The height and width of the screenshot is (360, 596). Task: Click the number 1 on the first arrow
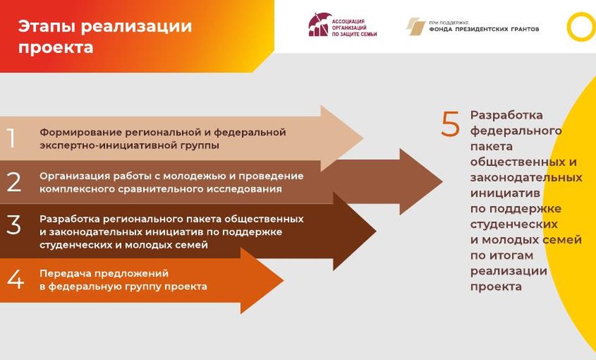coord(11,138)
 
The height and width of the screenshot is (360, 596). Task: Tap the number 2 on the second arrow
coord(14,182)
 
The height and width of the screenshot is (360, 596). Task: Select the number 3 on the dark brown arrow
coord(14,225)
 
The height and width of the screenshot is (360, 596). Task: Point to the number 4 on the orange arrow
coord(15,279)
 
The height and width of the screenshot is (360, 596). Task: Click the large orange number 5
coord(451,124)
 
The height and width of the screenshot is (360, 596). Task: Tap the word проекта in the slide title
coord(56,48)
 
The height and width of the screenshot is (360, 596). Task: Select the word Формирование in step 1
coord(80,132)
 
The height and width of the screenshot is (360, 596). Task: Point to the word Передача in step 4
coord(65,273)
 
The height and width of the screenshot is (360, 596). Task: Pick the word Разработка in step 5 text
coord(507,115)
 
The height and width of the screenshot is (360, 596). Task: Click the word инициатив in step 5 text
coord(505,193)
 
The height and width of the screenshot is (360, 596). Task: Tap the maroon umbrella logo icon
coord(318,25)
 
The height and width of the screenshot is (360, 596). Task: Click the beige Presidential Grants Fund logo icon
coord(415,27)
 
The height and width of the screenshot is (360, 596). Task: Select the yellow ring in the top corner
coord(581,27)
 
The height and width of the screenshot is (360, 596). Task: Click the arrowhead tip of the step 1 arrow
coord(363,138)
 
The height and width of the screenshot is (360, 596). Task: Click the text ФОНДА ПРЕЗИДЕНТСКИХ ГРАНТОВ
coord(484,29)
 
